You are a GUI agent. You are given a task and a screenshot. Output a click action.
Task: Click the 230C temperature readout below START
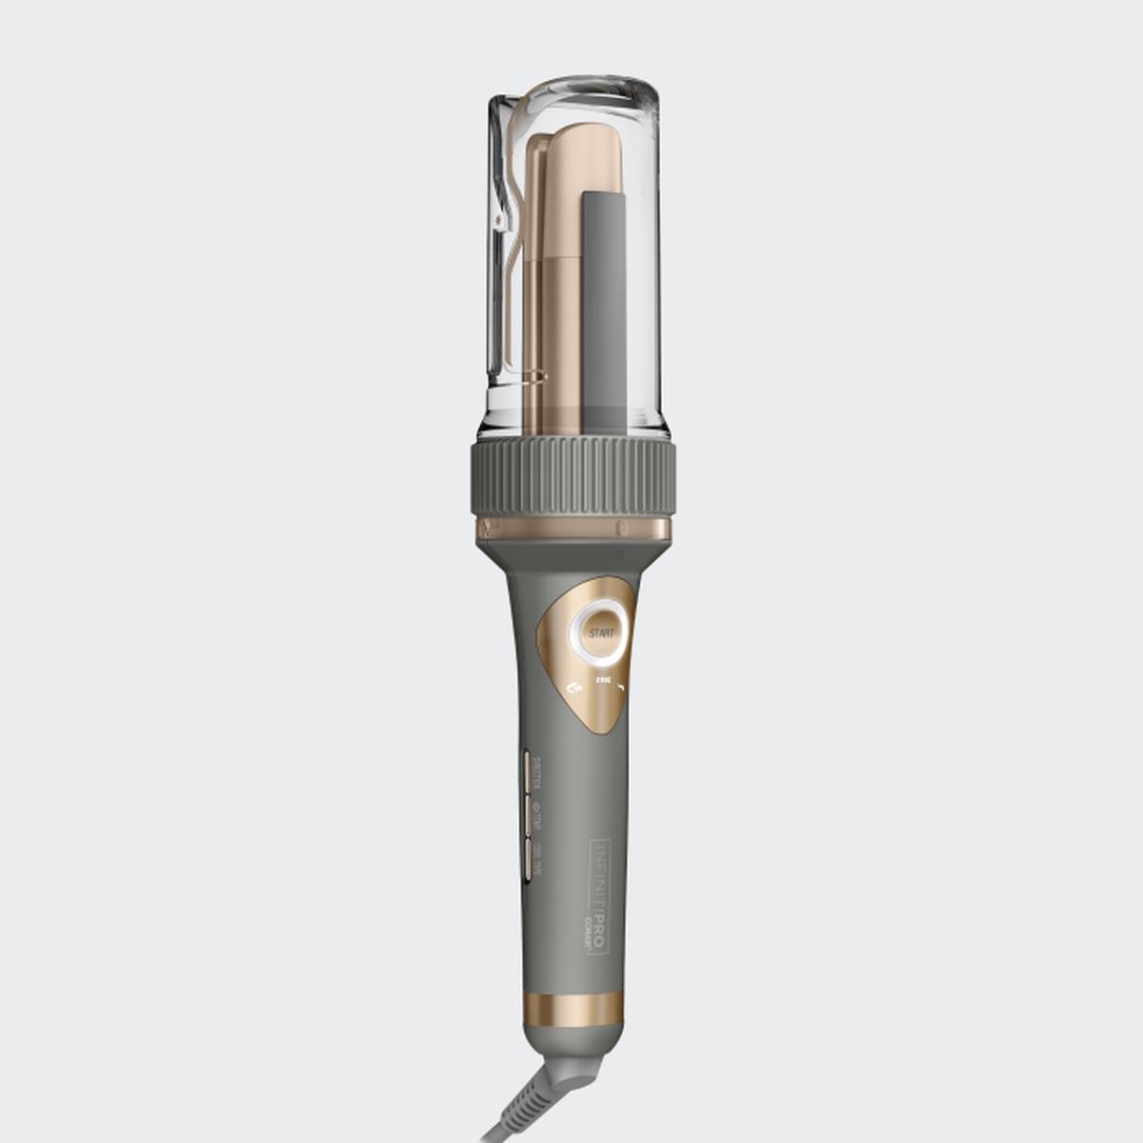602,680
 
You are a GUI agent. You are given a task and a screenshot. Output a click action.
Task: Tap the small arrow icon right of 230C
620,684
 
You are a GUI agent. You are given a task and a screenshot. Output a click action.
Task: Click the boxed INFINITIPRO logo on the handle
598,895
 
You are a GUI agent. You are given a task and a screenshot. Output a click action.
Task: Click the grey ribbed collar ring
571,479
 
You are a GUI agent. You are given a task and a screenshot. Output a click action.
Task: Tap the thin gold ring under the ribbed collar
571,529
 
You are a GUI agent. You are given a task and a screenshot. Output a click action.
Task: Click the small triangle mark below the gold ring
620,551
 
